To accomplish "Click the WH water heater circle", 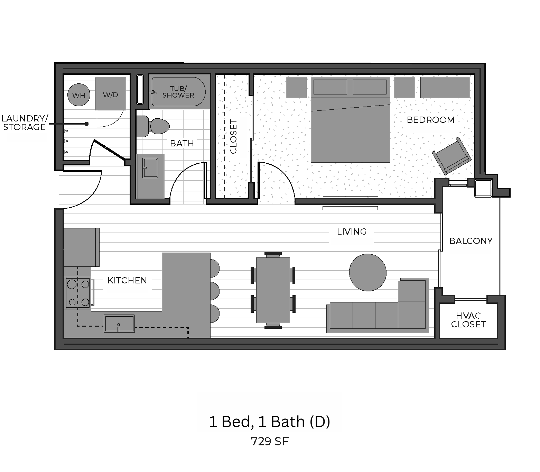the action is point(79,94).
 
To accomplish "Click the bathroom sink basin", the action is point(150,168).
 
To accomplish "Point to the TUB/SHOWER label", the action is point(178,92).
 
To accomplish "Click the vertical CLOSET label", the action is point(233,136).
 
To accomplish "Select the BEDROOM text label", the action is point(430,120).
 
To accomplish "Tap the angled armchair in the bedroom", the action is point(452,156).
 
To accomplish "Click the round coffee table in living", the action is point(367,272).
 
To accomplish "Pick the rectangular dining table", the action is point(273,290).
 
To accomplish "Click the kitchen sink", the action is point(119,323).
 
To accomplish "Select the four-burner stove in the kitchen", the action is point(78,293).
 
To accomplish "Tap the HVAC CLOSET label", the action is point(468,320).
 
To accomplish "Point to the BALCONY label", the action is point(471,241).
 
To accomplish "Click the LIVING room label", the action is point(352,232).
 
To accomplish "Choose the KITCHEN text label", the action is point(127,280).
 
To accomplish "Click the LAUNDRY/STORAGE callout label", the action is point(25,122).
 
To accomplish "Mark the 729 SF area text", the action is point(270,441).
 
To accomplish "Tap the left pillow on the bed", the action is point(330,87).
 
